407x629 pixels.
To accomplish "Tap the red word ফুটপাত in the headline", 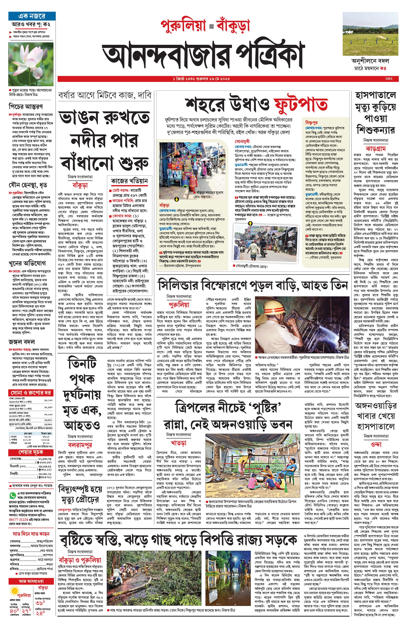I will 301,105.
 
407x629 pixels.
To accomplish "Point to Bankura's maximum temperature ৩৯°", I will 40,603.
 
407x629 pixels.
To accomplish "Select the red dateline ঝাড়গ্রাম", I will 375,149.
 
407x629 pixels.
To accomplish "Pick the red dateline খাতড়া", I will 179,443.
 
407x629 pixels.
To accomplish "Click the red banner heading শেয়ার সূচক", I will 30,452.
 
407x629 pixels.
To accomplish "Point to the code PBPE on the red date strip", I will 388,79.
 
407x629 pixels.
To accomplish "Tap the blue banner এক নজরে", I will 32,16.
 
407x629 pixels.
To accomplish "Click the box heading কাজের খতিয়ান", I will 129,181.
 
